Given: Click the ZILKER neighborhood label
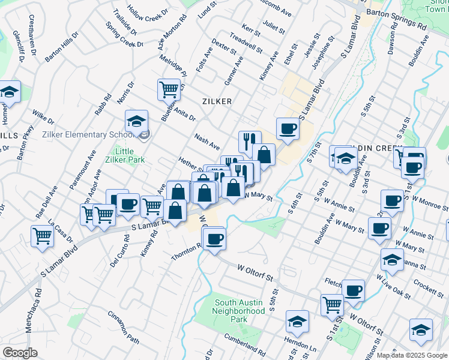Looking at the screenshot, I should (x=217, y=101).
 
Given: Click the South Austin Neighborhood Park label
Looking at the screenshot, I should (x=240, y=311).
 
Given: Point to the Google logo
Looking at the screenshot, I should (x=20, y=352).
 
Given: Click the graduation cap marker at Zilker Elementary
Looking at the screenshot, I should (x=136, y=121).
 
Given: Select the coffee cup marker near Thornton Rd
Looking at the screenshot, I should (x=214, y=239).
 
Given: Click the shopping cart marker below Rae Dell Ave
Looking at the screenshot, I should (x=43, y=236).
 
